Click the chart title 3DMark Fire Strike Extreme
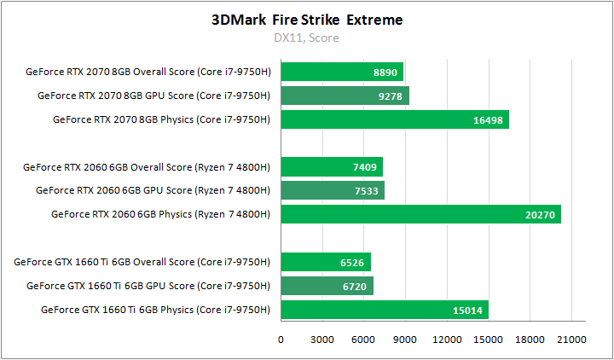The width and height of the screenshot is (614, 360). click(307, 19)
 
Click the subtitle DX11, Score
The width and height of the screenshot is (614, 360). click(307, 38)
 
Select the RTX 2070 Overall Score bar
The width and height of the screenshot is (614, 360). click(341, 72)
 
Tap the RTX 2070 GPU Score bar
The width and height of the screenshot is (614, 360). click(345, 96)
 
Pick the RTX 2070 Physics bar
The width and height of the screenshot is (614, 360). click(394, 119)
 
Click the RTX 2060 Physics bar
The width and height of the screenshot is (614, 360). click(420, 214)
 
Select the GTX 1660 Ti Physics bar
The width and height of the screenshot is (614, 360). click(384, 309)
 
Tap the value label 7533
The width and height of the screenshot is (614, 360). click(367, 191)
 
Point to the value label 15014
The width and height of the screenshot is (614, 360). click(468, 310)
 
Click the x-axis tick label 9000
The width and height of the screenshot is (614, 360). click(405, 340)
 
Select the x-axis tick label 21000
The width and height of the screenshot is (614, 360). click(571, 340)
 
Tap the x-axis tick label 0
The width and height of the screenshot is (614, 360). click(281, 340)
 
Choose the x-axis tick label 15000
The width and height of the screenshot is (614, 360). click(488, 340)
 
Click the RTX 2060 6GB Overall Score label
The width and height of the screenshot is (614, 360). click(147, 166)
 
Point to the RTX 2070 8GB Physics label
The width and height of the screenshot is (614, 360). click(161, 119)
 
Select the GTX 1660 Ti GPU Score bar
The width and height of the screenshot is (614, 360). click(327, 285)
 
